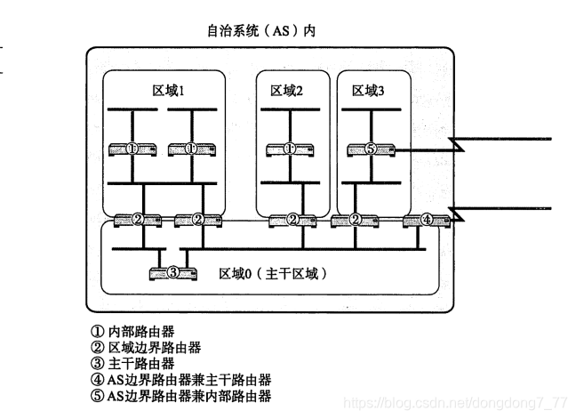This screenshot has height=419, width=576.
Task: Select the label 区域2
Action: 287,90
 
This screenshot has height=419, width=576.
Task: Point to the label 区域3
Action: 369,90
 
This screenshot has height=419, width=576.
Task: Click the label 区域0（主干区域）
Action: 273,272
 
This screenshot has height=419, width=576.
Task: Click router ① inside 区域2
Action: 289,149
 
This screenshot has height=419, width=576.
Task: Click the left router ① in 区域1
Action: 131,149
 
